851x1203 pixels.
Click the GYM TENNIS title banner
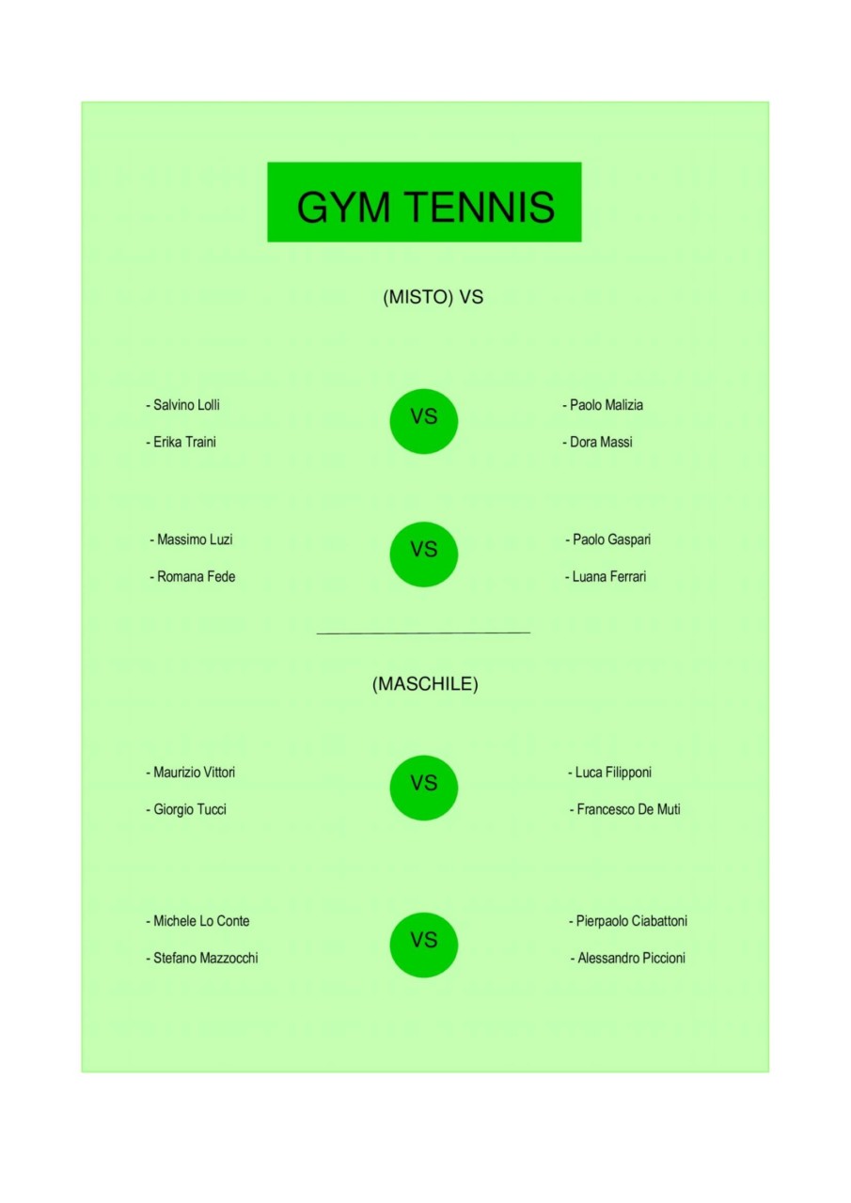click(424, 202)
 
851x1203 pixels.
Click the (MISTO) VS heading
click(433, 297)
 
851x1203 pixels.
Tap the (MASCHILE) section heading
click(425, 683)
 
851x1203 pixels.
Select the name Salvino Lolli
click(186, 405)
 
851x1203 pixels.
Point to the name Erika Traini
click(185, 442)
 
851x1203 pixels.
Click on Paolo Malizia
click(606, 405)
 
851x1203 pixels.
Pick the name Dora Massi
click(601, 442)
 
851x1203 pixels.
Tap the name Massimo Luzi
click(195, 539)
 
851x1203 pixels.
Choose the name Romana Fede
click(197, 576)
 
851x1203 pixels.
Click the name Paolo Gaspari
click(611, 539)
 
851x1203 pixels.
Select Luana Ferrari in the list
click(608, 576)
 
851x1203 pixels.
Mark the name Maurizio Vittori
click(194, 773)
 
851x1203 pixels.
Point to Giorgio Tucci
click(190, 809)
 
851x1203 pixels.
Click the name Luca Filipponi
click(613, 773)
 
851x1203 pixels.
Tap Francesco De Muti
click(628, 809)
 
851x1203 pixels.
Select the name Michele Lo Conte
click(201, 921)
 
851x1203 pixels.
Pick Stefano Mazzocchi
click(206, 958)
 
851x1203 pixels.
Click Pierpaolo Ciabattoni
click(631, 922)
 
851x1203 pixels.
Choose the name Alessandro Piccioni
click(631, 958)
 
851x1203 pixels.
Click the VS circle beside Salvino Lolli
click(424, 422)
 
